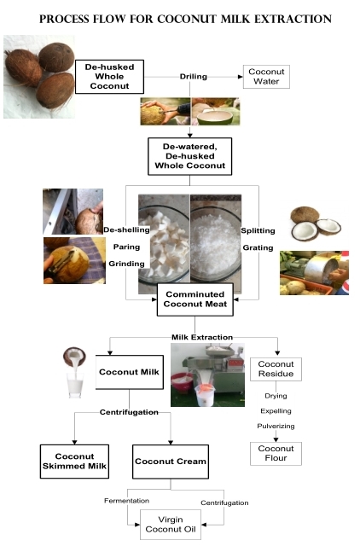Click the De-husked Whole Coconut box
click(110, 77)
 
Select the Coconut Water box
click(266, 77)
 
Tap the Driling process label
click(194, 77)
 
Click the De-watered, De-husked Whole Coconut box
click(189, 156)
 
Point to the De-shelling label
click(127, 229)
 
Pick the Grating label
click(258, 247)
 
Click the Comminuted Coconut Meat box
click(195, 299)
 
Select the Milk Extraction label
click(202, 337)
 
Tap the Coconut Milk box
click(129, 372)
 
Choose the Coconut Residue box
click(276, 369)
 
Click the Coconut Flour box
click(276, 453)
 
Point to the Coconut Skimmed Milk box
click(74, 462)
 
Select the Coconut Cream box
click(171, 462)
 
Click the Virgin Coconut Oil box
click(171, 525)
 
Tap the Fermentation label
click(127, 501)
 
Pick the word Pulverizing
click(276, 426)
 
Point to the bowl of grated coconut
click(216, 244)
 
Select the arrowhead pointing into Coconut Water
click(241, 77)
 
